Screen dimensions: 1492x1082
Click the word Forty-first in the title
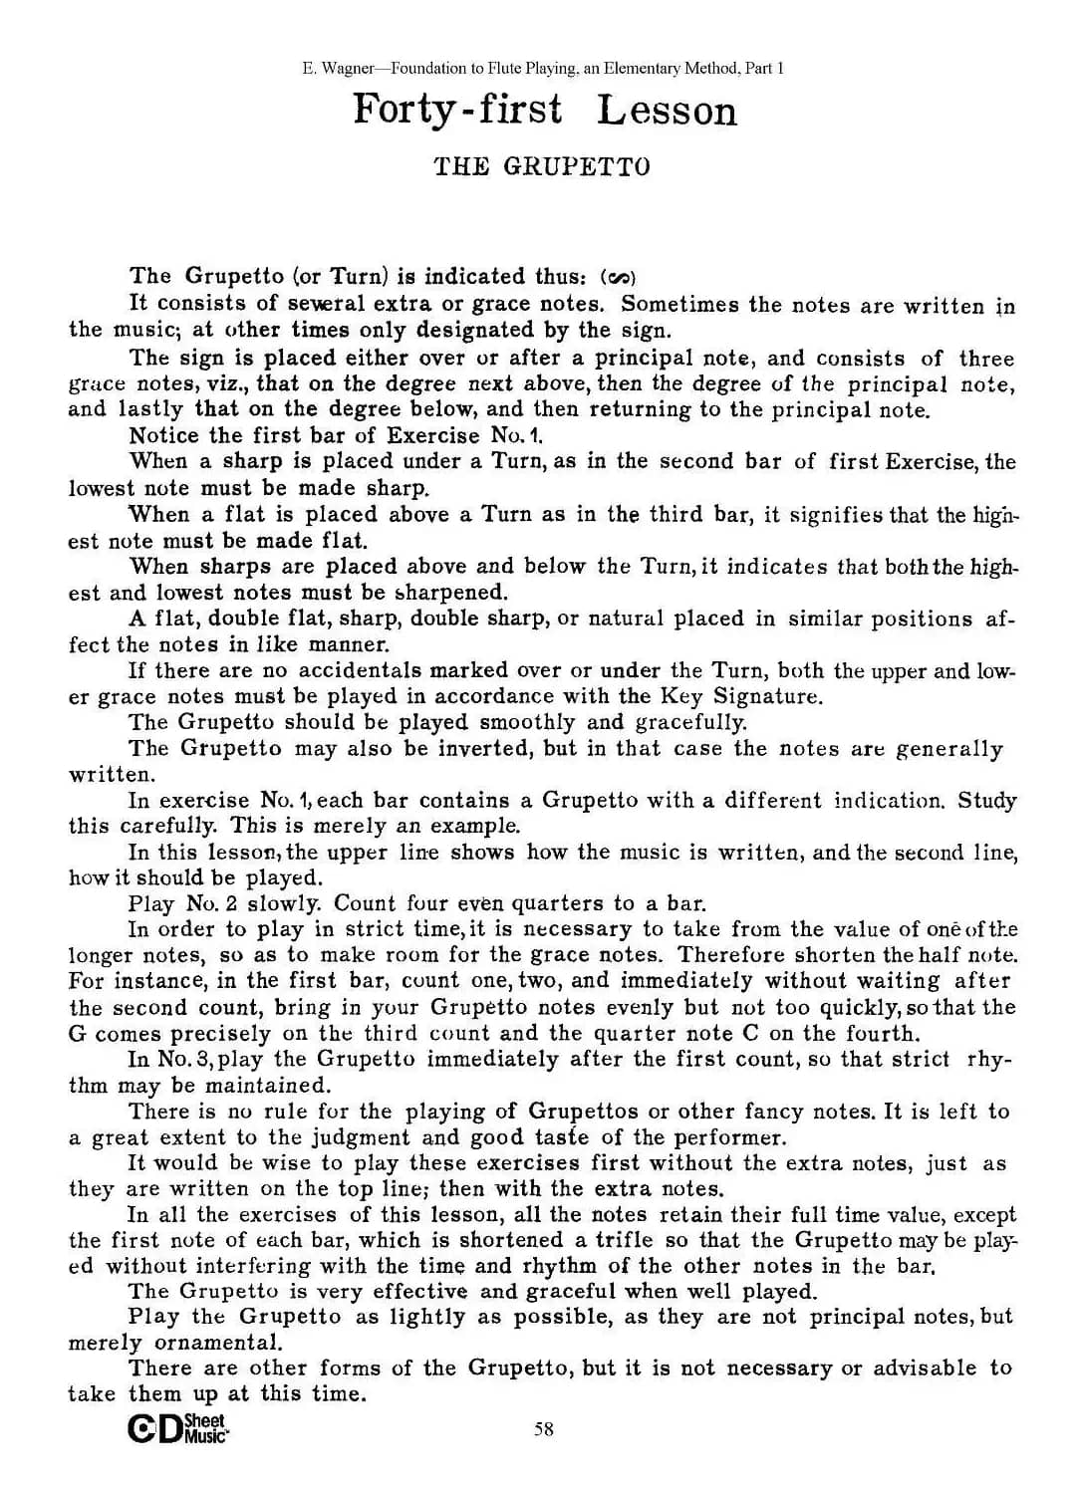pyautogui.click(x=457, y=110)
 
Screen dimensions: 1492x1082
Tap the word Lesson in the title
pyautogui.click(x=667, y=112)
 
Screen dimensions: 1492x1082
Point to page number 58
pyautogui.click(x=544, y=1429)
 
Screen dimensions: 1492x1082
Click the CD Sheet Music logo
pyautogui.click(x=178, y=1428)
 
